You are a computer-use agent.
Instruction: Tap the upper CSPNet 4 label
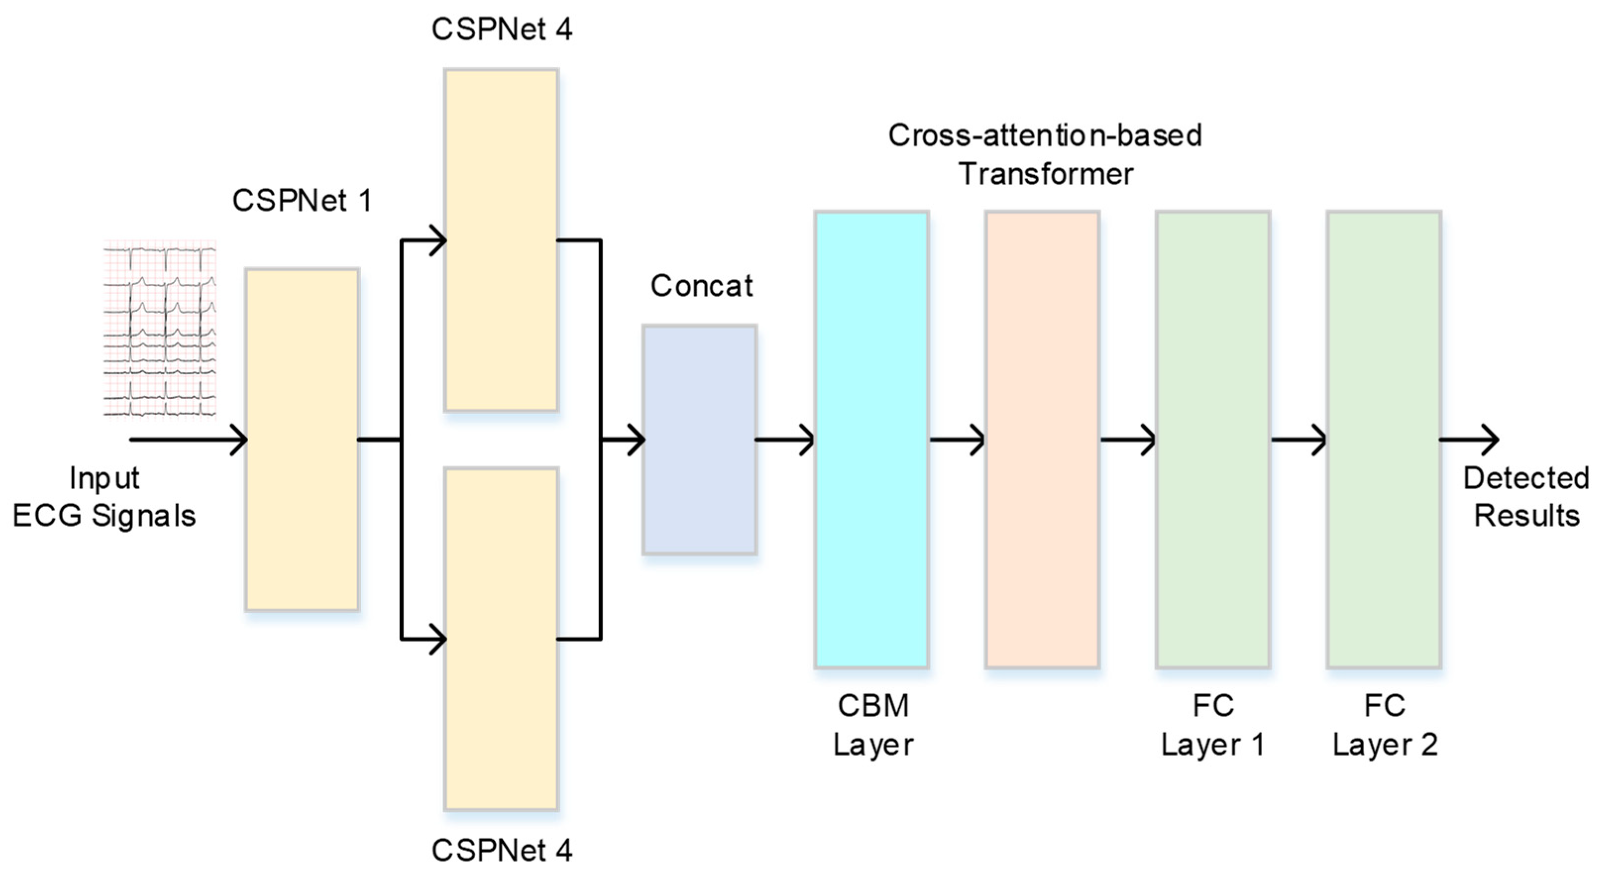click(501, 29)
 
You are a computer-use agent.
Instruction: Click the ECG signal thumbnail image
click(160, 329)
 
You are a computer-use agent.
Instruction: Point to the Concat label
click(701, 286)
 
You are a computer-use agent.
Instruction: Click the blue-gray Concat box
click(699, 439)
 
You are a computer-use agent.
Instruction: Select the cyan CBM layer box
click(871, 439)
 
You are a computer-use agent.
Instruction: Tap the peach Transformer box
click(1042, 439)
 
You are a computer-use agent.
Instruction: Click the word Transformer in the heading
click(1046, 174)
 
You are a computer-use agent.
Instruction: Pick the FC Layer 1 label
click(1213, 725)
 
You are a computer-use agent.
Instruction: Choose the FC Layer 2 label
click(1385, 725)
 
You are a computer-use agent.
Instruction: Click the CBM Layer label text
click(873, 725)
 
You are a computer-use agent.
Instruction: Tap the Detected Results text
click(1526, 497)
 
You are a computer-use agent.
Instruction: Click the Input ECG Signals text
click(104, 497)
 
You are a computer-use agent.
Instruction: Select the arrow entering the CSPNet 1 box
click(189, 440)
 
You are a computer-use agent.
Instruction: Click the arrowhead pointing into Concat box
click(636, 440)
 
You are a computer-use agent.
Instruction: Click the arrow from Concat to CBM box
click(785, 440)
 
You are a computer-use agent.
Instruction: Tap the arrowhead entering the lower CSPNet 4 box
click(437, 638)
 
